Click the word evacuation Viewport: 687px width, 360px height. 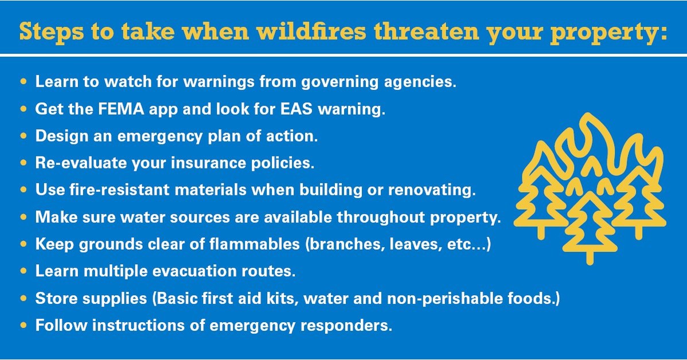(213, 271)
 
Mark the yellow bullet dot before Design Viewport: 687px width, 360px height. (24, 136)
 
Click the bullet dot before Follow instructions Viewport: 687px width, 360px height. (24, 325)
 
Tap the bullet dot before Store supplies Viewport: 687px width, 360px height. (24, 298)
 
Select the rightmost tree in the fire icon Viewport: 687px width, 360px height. (641, 198)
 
